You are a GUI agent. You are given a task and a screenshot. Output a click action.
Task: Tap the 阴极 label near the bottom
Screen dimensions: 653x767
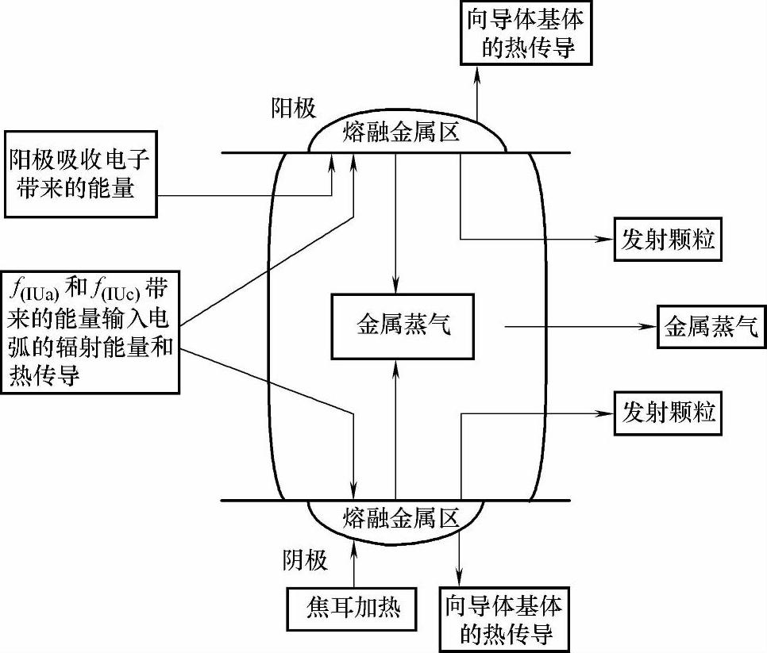(305, 561)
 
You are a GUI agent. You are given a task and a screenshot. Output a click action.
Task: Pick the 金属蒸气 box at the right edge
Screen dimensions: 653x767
(711, 325)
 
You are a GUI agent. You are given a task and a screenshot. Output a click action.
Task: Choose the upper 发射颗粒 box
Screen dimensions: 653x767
(668, 240)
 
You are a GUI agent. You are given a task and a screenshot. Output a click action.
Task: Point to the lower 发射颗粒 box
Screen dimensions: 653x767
(668, 413)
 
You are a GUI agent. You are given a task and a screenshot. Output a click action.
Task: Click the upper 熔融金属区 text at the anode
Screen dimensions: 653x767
(402, 131)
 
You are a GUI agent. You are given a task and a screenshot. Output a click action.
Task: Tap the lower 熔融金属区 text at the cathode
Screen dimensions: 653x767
(402, 519)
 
